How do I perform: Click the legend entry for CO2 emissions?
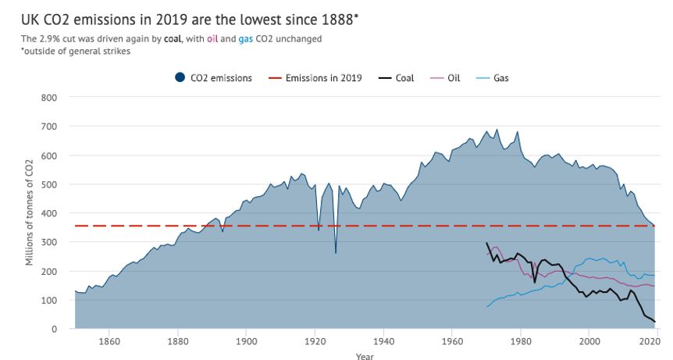click(213, 78)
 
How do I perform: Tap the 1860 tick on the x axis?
click(109, 342)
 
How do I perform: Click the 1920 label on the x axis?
click(315, 342)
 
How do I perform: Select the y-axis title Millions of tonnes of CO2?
click(30, 212)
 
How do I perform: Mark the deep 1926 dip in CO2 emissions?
click(336, 252)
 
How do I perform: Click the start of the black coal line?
click(486, 243)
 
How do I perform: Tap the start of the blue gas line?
click(486, 306)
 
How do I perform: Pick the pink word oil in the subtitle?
click(212, 38)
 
